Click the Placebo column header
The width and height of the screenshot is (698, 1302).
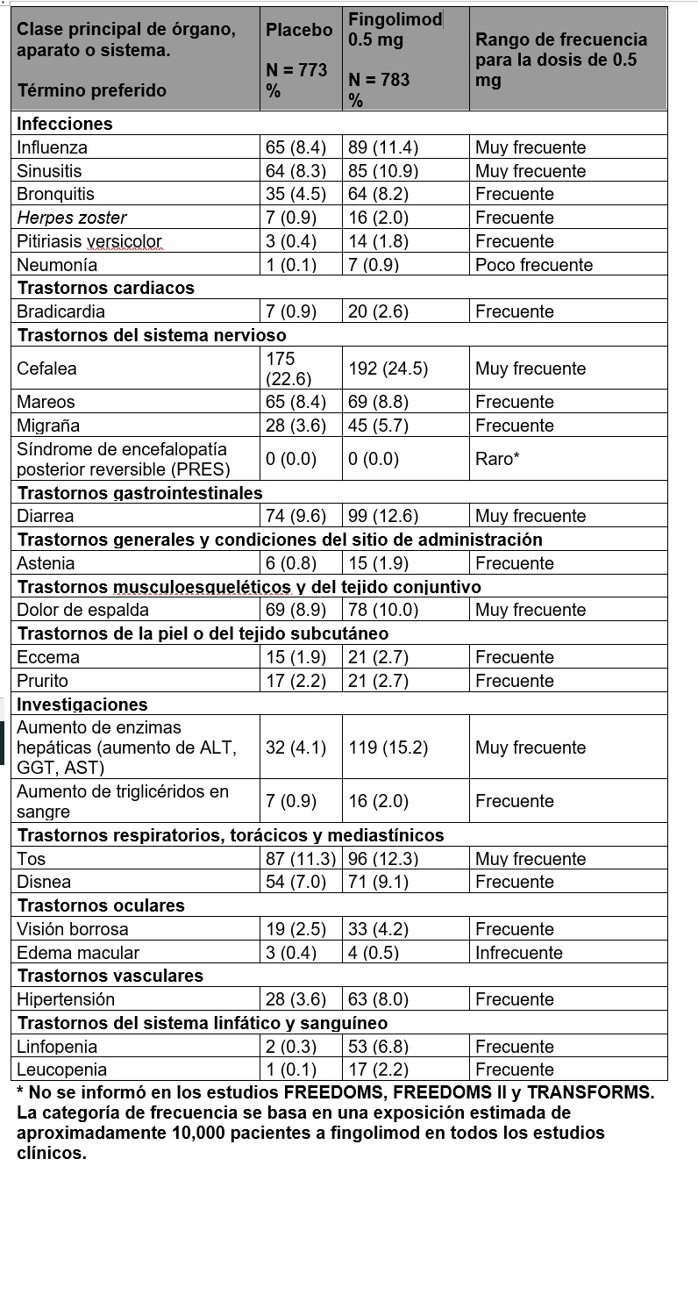point(299,30)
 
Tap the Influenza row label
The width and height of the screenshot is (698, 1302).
point(52,147)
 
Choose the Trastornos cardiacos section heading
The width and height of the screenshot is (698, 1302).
point(105,288)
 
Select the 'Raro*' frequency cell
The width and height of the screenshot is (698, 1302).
point(497,458)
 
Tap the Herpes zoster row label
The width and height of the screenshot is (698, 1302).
point(72,218)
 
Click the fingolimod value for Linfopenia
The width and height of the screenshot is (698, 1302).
point(378,1046)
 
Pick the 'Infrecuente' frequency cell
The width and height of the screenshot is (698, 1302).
point(518,952)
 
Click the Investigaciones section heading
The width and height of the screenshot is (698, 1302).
point(82,704)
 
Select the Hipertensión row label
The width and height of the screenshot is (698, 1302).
point(66,998)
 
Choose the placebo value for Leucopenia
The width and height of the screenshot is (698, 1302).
point(290,1069)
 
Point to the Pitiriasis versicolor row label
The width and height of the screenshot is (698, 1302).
point(89,240)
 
